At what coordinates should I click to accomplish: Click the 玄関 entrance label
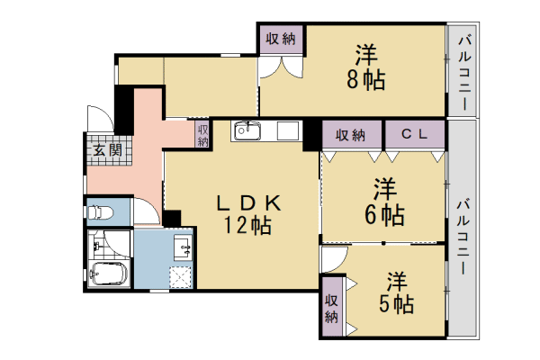coord(108,150)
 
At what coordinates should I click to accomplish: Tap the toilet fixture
coord(100,211)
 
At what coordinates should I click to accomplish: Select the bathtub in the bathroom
coord(108,274)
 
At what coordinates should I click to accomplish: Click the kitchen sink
coord(247,130)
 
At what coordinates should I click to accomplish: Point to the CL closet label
coord(414,134)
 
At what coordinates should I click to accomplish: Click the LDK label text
coord(248,203)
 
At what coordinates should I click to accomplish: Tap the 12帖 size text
coord(247,226)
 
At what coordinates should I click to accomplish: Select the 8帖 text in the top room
coord(365,80)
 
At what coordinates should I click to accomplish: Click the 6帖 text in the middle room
coord(384,214)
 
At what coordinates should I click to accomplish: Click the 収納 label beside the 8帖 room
coord(281,39)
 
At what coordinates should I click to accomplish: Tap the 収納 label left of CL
coord(351,135)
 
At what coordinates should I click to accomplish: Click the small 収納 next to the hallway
coord(202,135)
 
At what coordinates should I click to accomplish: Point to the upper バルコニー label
coord(464,73)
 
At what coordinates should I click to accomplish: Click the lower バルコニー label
coord(463,237)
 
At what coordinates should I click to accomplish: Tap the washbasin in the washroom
coord(183,248)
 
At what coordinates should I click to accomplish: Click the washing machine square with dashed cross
coord(180,277)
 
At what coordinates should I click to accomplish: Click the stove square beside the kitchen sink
coord(288,130)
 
